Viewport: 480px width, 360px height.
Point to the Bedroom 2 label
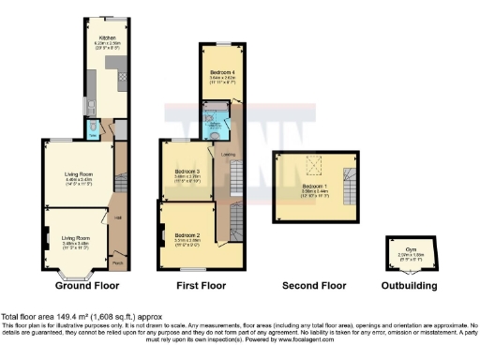(x=188, y=234)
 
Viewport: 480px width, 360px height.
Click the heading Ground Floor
(x=87, y=284)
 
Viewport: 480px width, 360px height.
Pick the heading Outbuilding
(x=407, y=284)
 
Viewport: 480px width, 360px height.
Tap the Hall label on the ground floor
(x=118, y=218)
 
